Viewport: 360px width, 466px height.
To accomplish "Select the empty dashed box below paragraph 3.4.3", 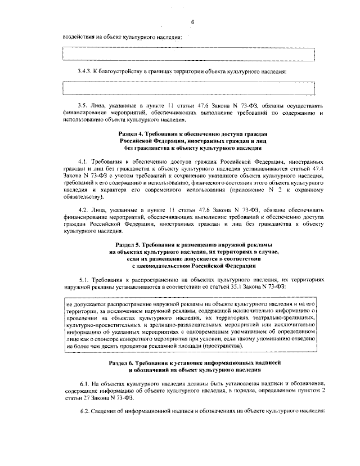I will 188,88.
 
